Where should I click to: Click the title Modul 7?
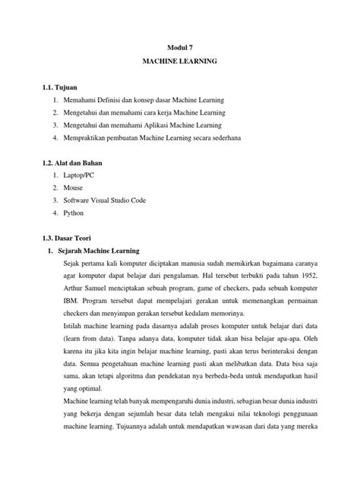tap(180, 46)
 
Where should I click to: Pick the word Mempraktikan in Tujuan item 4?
tap(87, 138)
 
